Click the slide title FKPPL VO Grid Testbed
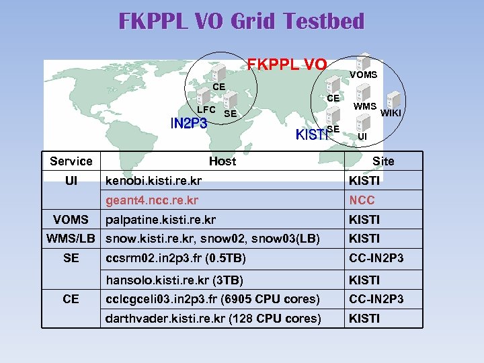(241, 22)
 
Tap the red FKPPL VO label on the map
(287, 65)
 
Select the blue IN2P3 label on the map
(189, 123)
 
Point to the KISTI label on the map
(313, 135)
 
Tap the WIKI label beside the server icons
(391, 113)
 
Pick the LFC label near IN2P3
(206, 110)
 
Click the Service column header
(71, 161)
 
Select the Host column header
(223, 161)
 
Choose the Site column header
(383, 161)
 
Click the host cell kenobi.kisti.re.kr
(154, 181)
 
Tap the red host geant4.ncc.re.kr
(153, 200)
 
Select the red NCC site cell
(362, 200)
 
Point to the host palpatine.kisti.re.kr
(161, 220)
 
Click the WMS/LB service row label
(71, 239)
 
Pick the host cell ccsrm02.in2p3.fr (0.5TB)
(176, 258)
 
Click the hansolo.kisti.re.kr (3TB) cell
(175, 280)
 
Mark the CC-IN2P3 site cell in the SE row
(376, 258)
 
